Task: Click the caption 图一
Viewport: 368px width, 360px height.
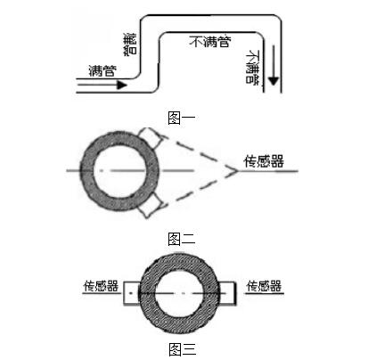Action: click(x=182, y=118)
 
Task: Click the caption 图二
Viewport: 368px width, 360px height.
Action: click(x=182, y=239)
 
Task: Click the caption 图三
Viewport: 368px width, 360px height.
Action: click(x=183, y=349)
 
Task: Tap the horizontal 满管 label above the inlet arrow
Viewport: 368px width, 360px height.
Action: click(x=102, y=70)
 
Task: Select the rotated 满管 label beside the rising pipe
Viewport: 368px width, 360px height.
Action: click(x=130, y=44)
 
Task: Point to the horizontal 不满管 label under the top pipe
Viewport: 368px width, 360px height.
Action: click(x=210, y=42)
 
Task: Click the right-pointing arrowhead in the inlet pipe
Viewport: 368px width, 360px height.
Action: click(x=122, y=86)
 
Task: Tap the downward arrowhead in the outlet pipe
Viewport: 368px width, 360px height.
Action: click(x=274, y=81)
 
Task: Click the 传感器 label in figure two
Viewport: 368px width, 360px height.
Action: click(x=264, y=161)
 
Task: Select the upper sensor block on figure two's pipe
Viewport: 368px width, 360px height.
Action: click(x=151, y=137)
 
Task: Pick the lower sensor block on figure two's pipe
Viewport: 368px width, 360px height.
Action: click(x=151, y=205)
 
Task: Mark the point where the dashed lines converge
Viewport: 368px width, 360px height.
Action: click(x=237, y=171)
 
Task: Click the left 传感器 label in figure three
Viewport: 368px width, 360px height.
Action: click(x=101, y=286)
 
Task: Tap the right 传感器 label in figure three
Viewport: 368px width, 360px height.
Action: click(x=264, y=286)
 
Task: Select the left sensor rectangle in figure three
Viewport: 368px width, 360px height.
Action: click(x=132, y=293)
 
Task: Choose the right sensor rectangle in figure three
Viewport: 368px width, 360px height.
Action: click(x=227, y=293)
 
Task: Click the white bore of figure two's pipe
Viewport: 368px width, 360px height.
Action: click(x=119, y=171)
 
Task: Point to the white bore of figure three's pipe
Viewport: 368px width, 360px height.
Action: click(x=179, y=293)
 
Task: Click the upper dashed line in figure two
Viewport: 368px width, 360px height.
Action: click(x=200, y=153)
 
